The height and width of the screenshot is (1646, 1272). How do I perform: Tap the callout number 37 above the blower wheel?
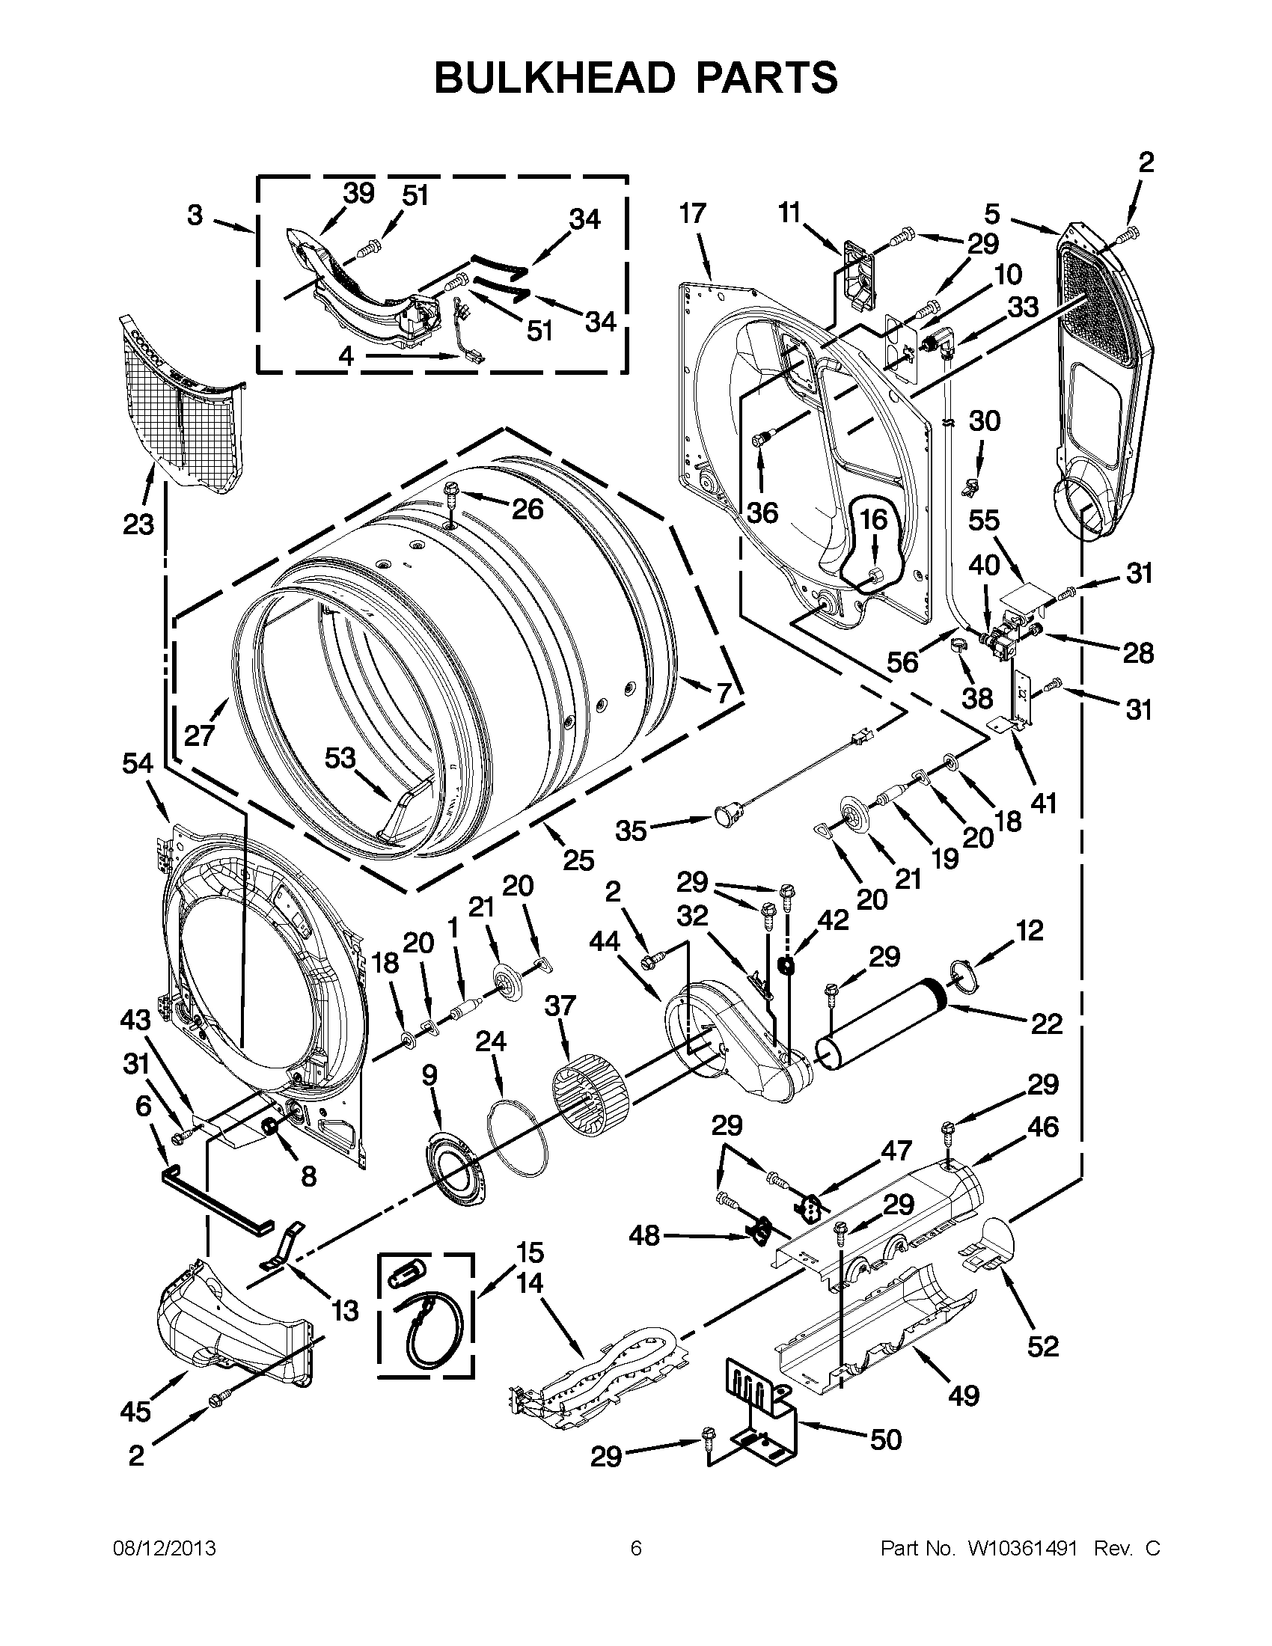click(560, 1006)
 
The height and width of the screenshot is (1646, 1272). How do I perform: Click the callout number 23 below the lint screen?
click(138, 524)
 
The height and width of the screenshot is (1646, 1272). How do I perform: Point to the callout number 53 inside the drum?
click(340, 757)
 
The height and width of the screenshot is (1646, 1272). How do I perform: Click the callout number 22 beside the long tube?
click(1046, 1024)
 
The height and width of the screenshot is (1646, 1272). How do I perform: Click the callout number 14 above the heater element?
click(530, 1282)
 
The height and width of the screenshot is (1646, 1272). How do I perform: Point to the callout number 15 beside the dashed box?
click(530, 1252)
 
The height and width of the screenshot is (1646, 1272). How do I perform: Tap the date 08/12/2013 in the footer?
click(165, 1549)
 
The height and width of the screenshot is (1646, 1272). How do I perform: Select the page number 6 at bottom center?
click(636, 1549)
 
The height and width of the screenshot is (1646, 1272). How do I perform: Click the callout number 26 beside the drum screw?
click(527, 510)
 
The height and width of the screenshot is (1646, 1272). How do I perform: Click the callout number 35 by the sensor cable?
click(632, 830)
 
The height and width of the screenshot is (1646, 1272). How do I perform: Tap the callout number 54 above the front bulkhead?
click(138, 764)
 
